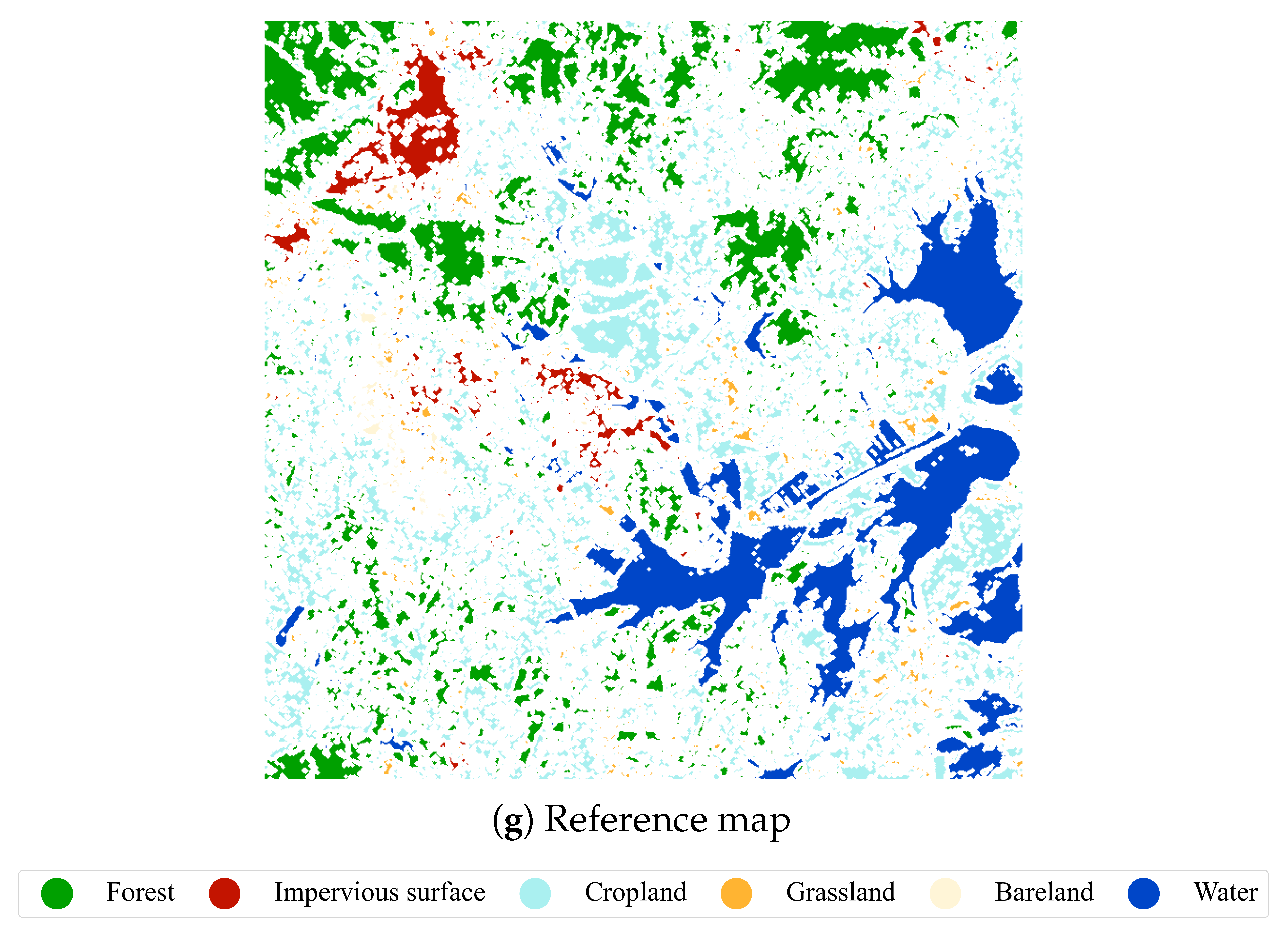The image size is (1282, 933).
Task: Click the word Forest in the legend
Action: (x=140, y=892)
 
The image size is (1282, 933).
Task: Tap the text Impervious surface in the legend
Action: (x=379, y=892)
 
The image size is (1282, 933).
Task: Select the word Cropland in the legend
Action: (x=635, y=892)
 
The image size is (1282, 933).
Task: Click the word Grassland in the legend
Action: (x=841, y=892)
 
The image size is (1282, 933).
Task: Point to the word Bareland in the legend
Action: (x=1044, y=892)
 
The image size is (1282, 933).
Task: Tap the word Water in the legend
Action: (x=1226, y=892)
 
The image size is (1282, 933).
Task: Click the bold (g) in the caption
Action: (x=512, y=821)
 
